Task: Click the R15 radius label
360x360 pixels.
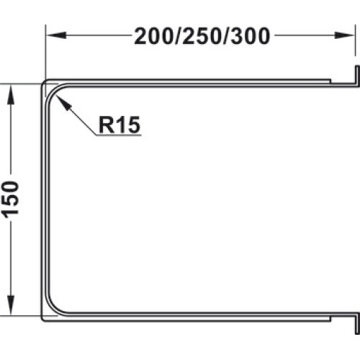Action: [120, 125]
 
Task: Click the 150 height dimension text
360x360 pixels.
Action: [10, 200]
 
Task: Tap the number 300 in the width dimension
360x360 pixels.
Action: [251, 36]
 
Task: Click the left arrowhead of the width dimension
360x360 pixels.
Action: [56, 35]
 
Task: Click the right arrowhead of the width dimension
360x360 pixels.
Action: [345, 35]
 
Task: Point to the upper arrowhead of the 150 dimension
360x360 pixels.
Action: [10, 94]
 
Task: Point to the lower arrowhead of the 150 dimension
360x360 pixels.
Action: [10, 305]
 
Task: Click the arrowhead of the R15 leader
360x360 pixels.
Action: [63, 102]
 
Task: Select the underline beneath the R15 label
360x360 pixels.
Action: [119, 135]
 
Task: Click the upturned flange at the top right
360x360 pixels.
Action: [357, 75]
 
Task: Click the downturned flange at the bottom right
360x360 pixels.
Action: [357, 323]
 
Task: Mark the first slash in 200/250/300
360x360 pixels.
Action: [179, 36]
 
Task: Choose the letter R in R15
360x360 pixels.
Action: [106, 125]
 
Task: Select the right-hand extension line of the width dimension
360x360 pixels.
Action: [355, 40]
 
